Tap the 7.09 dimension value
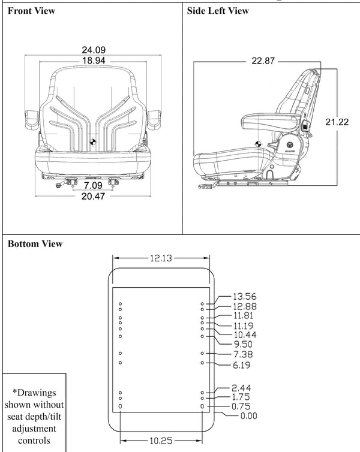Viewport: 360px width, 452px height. pyautogui.click(x=92, y=185)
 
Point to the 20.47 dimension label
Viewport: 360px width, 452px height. pyautogui.click(x=92, y=196)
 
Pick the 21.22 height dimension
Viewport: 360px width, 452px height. pyautogui.click(x=337, y=122)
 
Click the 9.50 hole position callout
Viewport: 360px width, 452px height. pyautogui.click(x=242, y=344)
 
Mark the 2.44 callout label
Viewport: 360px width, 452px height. pyautogui.click(x=241, y=388)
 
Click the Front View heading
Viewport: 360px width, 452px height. pyautogui.click(x=31, y=11)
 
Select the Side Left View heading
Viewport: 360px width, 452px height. pyautogui.click(x=218, y=11)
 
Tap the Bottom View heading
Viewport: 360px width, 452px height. pyautogui.click(x=35, y=244)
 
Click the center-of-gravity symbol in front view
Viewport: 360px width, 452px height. pyautogui.click(x=93, y=141)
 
